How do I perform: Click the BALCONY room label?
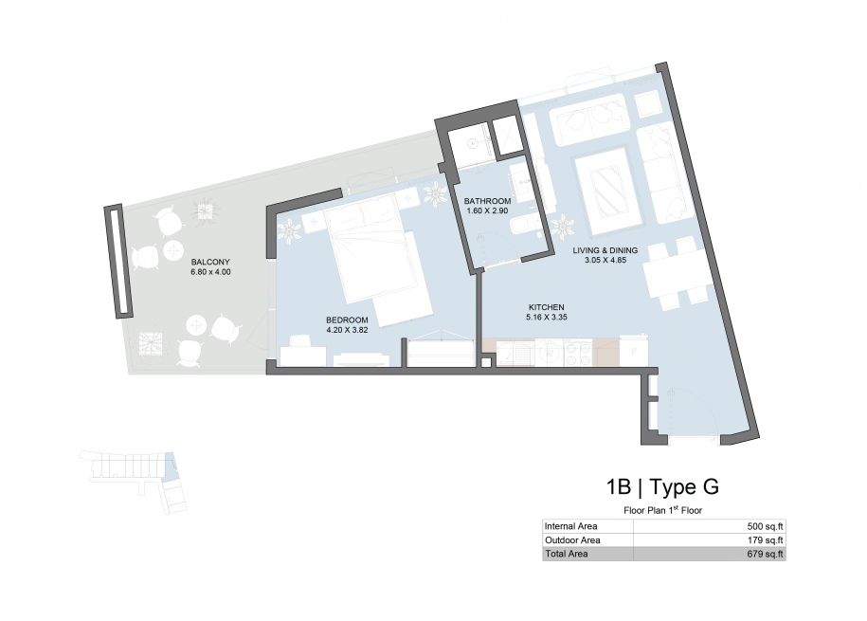(210, 262)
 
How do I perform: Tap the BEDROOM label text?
(347, 320)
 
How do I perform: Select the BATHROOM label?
(487, 201)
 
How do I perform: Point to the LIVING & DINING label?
(605, 250)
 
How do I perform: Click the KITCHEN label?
(547, 307)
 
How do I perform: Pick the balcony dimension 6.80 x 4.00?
(210, 272)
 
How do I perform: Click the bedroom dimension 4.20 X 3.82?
(347, 330)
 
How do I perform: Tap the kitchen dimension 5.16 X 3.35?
(547, 318)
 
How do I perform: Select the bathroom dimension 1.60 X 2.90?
(487, 210)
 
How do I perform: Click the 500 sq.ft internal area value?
(766, 526)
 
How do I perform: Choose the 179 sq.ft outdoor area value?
(766, 540)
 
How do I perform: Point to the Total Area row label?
(567, 554)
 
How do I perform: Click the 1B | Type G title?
(662, 486)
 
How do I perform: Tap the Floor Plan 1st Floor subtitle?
(663, 510)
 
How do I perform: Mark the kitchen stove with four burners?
(578, 353)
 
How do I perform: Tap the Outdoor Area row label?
(572, 540)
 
